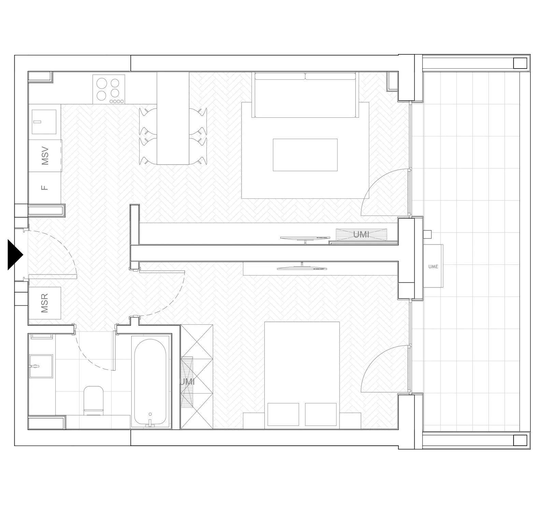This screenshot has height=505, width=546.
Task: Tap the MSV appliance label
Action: [45, 156]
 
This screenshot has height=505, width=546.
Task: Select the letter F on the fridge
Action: [44, 188]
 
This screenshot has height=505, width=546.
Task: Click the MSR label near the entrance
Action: [45, 303]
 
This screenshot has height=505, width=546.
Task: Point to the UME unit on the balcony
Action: [433, 266]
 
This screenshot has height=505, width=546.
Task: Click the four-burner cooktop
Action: [109, 89]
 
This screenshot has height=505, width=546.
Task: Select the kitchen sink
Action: [44, 122]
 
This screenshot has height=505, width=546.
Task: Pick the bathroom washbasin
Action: [41, 366]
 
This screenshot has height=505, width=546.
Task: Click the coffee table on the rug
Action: [305, 155]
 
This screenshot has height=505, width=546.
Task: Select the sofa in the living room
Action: [305, 95]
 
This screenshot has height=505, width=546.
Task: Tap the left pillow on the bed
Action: [283, 414]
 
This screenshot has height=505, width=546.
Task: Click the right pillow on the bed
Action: [321, 414]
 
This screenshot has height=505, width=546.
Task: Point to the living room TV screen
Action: [305, 238]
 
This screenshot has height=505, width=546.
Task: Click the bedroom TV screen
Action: [302, 267]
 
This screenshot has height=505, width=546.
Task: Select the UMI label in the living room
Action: [361, 235]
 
